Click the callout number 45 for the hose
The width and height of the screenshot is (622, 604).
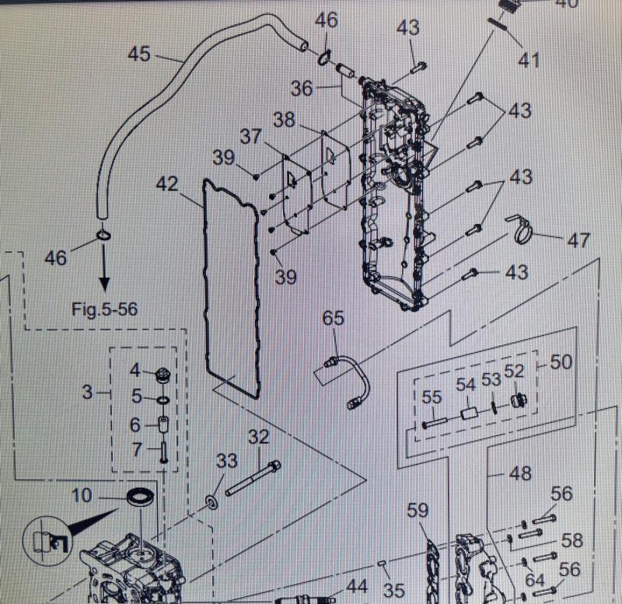coord(138,54)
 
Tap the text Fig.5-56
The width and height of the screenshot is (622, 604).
coord(104,309)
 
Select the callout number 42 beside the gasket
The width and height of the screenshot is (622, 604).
coord(166,184)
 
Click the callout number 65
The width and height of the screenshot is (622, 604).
coord(334,318)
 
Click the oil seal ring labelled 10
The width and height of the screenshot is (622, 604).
coord(140,496)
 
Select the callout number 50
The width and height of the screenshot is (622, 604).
coord(561,362)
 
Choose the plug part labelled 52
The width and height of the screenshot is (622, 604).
coord(516,400)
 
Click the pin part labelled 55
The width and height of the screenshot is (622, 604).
coord(434,423)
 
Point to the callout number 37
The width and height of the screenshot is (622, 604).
coord(250,137)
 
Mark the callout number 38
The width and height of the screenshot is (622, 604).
coord(285,119)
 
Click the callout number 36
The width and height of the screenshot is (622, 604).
coord(302,88)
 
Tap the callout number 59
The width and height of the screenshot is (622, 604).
coord(418,511)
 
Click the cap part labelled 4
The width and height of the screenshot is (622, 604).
coord(162,374)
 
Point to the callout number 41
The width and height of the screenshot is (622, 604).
coord(529,59)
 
